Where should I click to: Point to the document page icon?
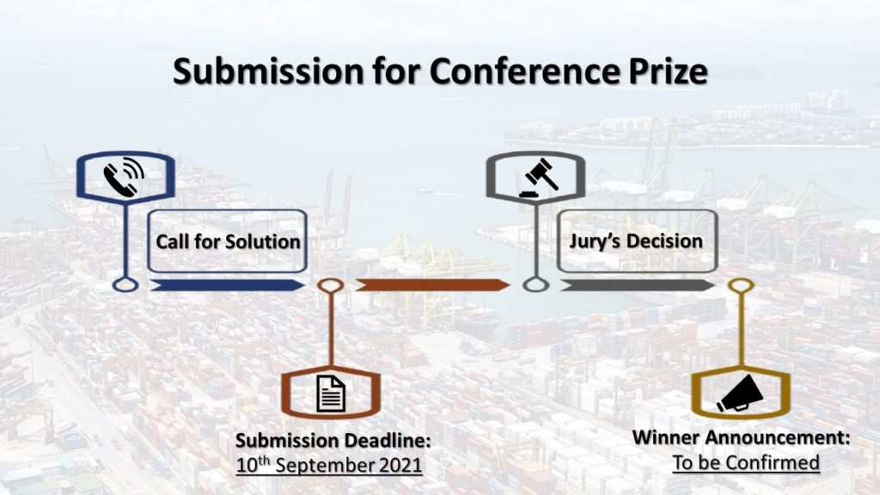(331, 394)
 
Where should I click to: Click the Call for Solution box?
(227, 241)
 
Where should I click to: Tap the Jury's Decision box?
(637, 241)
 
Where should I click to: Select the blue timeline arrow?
(227, 285)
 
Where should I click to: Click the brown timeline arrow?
(432, 285)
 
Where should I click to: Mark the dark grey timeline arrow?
(638, 285)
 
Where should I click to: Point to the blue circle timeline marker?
(125, 284)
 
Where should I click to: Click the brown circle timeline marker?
(331, 285)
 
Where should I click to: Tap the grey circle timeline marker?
(536, 284)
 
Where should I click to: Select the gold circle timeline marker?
(741, 285)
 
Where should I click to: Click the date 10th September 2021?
(329, 465)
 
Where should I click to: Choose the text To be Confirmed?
(746, 462)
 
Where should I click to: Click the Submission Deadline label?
(333, 440)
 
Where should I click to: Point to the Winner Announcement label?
(742, 437)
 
